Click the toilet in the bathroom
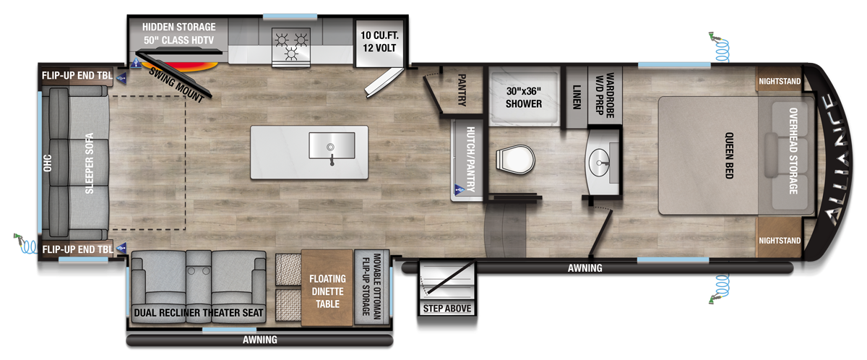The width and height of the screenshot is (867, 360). click(515, 159)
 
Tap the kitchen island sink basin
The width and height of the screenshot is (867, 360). click(332, 145)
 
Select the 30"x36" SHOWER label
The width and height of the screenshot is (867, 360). click(524, 98)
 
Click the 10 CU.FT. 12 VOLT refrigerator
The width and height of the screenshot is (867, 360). click(379, 43)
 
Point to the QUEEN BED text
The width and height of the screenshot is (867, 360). click(729, 155)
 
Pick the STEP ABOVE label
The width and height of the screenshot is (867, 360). click(447, 309)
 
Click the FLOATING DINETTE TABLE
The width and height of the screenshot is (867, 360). click(327, 288)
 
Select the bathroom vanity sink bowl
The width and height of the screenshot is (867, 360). click(599, 163)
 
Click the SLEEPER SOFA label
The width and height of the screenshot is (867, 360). click(90, 163)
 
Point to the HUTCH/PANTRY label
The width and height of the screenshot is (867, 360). click(470, 159)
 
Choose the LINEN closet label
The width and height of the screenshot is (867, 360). click(577, 97)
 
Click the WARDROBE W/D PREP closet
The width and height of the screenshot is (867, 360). click(605, 95)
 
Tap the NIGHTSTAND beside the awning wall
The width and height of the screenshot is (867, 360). click(779, 241)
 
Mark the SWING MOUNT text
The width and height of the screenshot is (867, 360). click(176, 85)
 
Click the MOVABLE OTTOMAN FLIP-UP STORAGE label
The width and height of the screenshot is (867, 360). click(371, 286)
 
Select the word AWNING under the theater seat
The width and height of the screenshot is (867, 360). click(259, 340)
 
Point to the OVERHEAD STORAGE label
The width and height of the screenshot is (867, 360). click(793, 151)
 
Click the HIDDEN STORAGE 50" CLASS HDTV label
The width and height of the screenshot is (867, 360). click(179, 34)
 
